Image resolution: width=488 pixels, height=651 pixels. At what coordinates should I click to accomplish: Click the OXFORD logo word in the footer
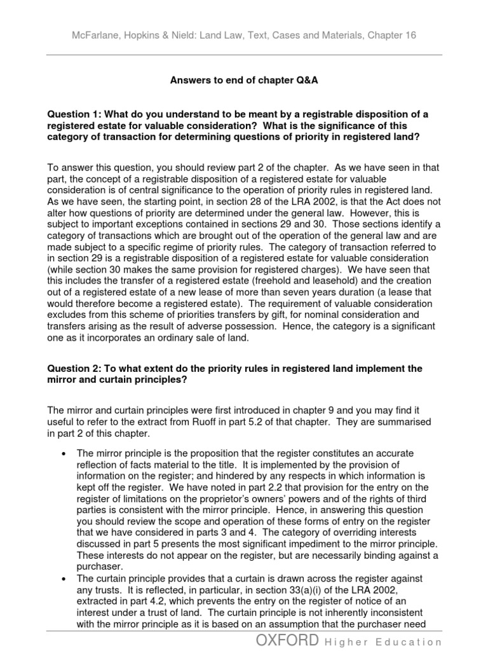285,640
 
